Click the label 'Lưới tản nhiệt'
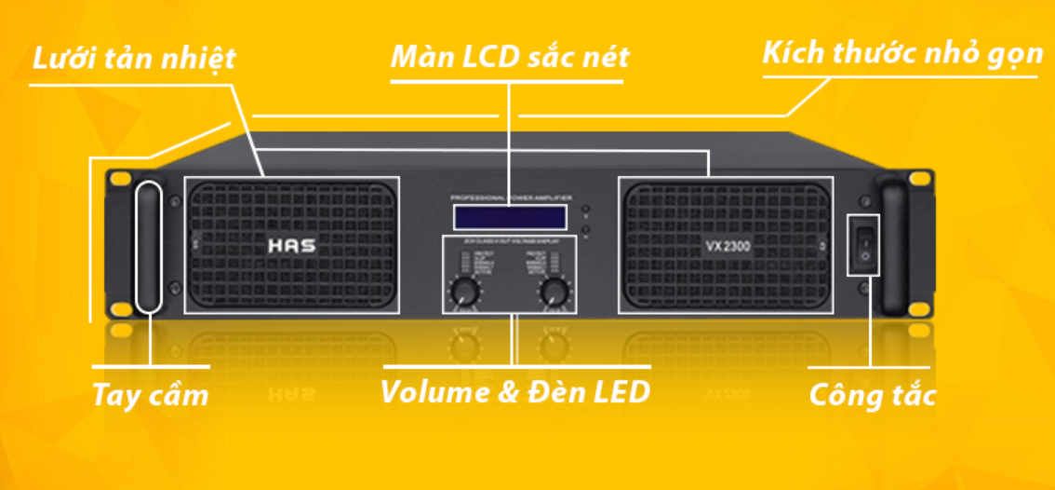(x=134, y=59)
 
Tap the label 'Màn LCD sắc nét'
(x=510, y=58)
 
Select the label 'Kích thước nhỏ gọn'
(x=902, y=53)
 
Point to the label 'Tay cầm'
(x=151, y=394)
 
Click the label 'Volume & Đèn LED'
(x=514, y=391)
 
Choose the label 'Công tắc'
(x=872, y=395)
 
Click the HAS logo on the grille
(x=291, y=248)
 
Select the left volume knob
(x=464, y=293)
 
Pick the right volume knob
(x=555, y=293)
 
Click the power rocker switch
(x=863, y=243)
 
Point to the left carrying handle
(x=149, y=246)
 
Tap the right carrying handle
(x=892, y=246)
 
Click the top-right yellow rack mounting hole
(x=918, y=178)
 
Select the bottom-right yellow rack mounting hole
(x=918, y=309)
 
